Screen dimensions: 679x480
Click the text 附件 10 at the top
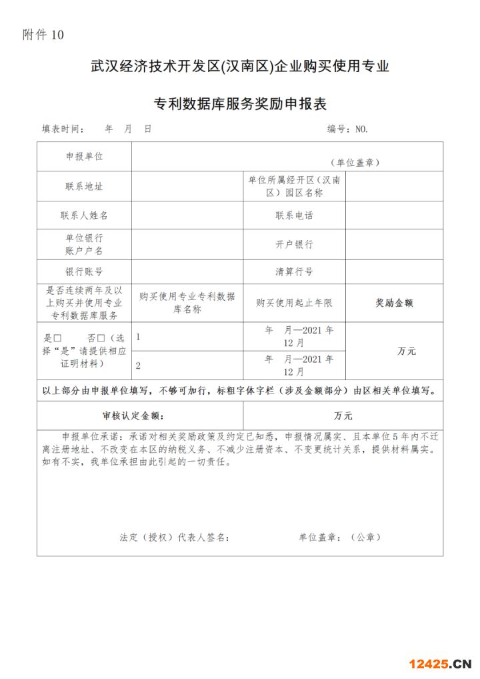pos(43,35)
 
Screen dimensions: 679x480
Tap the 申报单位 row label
pos(84,156)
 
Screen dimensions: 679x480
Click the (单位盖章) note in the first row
pos(355,162)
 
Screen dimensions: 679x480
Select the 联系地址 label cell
pos(84,186)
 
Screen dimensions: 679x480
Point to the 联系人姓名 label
pos(84,215)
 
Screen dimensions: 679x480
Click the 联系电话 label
pos(294,215)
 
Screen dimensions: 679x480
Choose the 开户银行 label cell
pos(294,244)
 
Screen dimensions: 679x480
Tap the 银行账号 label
pos(84,272)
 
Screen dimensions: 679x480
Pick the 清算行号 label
pos(294,272)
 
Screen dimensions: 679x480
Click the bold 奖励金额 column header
pos(394,302)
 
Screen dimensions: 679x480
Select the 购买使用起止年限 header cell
pos(294,302)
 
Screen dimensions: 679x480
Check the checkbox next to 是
pos(57,338)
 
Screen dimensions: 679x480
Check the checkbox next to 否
pos(101,338)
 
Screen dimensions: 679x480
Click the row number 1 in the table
pos(137,337)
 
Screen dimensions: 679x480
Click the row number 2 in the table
pos(137,366)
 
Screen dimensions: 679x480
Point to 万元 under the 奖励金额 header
pos(406,351)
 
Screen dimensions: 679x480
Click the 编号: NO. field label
pos(347,129)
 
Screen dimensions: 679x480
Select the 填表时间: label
pos(63,129)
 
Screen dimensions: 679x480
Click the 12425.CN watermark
pos(440,664)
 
